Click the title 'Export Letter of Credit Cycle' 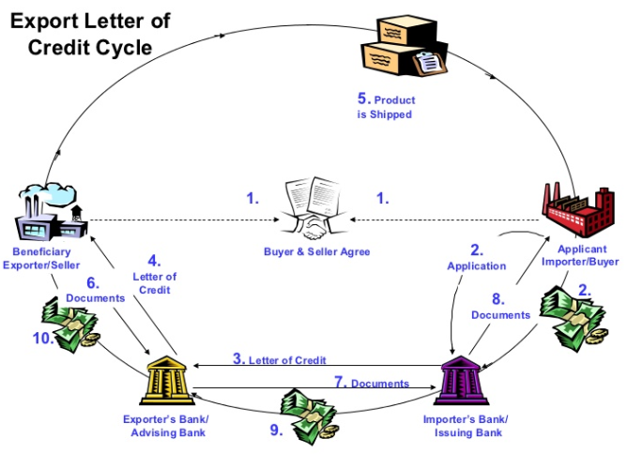90,33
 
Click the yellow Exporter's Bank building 163,377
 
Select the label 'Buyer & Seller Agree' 317,251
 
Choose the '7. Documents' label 371,383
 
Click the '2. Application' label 476,258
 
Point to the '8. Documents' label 501,308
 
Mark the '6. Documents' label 94,290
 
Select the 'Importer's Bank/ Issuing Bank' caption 471,425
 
